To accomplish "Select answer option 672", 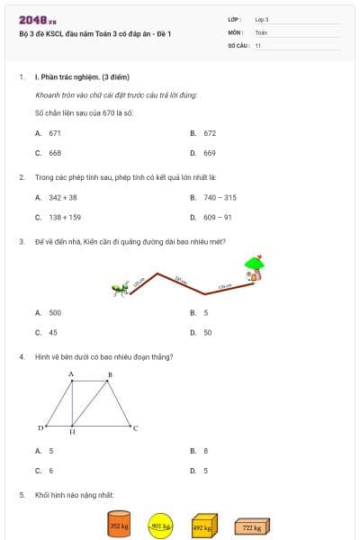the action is coord(209,132).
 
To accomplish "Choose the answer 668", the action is coord(55,152).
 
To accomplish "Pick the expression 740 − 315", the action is coord(220,197).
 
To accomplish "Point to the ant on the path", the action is coord(118,290).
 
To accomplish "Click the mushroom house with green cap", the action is coord(255,266).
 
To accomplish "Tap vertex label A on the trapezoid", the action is coord(71,373).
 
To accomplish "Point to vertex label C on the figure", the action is coord(136,428).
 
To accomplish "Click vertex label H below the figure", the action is coord(72,433).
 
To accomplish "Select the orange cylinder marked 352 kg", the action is coord(119,526).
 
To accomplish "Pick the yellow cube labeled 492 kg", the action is coord(204,526).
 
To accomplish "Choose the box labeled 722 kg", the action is coord(251,527).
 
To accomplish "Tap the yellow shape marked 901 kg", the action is coord(160,526).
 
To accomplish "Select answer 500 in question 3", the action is coord(55,312).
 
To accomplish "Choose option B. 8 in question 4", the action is coord(205,450).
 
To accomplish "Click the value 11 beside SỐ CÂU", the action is coord(258,45).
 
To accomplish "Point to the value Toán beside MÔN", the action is coord(261,31).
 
